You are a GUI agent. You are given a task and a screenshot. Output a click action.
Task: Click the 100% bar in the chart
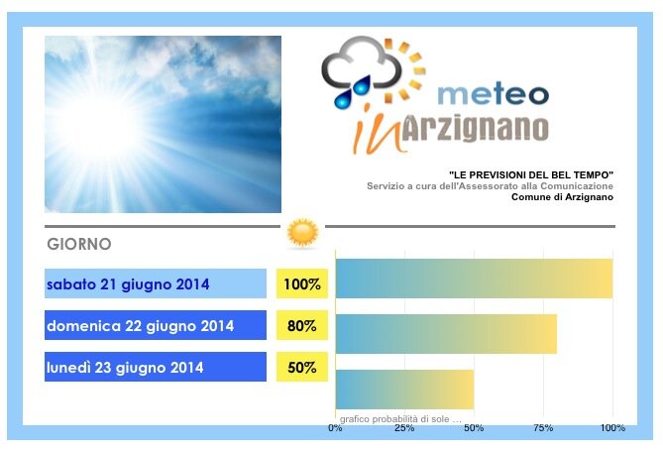[474, 279]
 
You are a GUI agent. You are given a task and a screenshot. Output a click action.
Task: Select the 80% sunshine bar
[446, 334]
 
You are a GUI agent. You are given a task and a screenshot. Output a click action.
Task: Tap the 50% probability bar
[404, 390]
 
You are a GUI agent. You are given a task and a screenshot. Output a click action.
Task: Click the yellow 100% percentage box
[302, 283]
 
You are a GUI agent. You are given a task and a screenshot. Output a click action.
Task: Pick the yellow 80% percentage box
[302, 325]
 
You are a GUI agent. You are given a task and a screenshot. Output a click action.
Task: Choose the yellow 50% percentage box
[302, 367]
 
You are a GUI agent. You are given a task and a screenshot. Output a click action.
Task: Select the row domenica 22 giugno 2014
[156, 325]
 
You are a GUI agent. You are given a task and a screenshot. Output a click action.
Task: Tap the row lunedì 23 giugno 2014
[156, 367]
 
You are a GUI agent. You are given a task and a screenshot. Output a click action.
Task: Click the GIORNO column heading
[79, 244]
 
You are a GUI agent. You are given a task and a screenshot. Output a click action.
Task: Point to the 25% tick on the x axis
[404, 428]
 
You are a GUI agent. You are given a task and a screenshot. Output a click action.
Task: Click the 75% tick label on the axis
[543, 428]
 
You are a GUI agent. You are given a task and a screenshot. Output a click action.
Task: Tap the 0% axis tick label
[335, 428]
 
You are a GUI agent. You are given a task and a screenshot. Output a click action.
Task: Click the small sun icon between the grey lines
[302, 233]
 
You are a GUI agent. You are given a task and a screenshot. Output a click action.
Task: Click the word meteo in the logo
[493, 95]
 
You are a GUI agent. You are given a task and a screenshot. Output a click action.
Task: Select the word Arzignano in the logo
[475, 128]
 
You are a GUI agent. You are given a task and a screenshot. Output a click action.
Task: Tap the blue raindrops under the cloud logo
[352, 92]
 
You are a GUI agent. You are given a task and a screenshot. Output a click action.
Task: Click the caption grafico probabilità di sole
[400, 419]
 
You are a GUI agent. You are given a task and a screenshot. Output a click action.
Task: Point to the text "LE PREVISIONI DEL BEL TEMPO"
[531, 174]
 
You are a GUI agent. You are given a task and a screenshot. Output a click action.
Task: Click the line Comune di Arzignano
[562, 197]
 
